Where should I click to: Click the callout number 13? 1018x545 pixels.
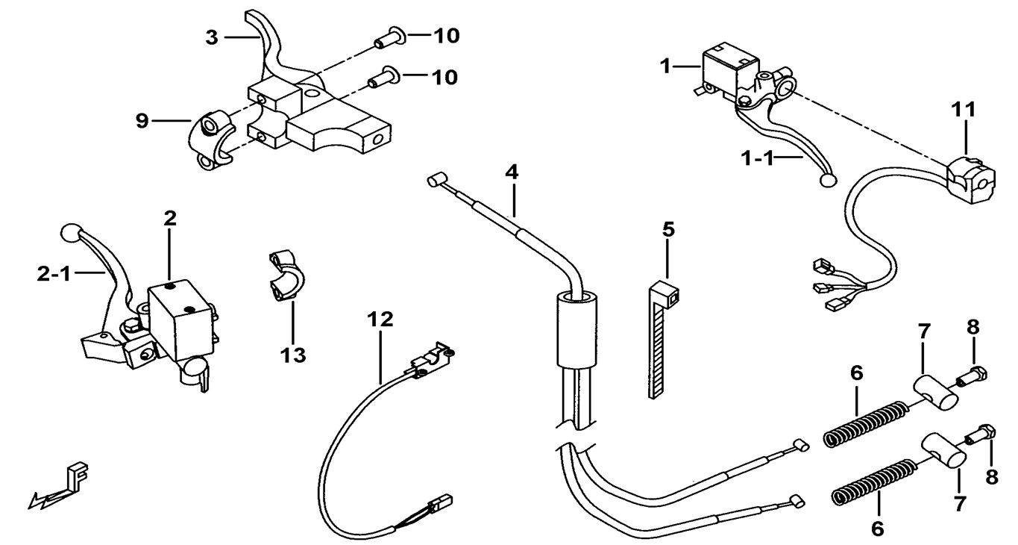click(x=293, y=355)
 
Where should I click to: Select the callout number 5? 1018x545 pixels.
click(x=668, y=229)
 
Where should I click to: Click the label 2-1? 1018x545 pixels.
click(x=53, y=275)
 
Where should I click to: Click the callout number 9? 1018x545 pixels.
click(x=142, y=119)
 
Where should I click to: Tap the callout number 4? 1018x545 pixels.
click(x=511, y=172)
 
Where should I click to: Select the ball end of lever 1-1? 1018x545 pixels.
click(x=827, y=180)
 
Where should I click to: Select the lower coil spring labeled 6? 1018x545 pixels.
click(x=871, y=481)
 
